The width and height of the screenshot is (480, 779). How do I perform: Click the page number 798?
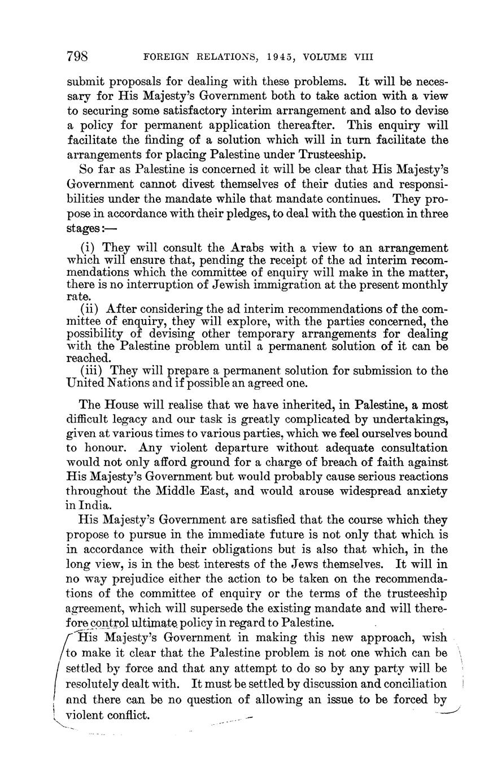(76, 56)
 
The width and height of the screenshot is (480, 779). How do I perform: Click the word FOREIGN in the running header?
(166, 57)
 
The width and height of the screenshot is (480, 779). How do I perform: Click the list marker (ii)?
(91, 309)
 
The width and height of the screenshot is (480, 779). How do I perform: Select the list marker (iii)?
(93, 371)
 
